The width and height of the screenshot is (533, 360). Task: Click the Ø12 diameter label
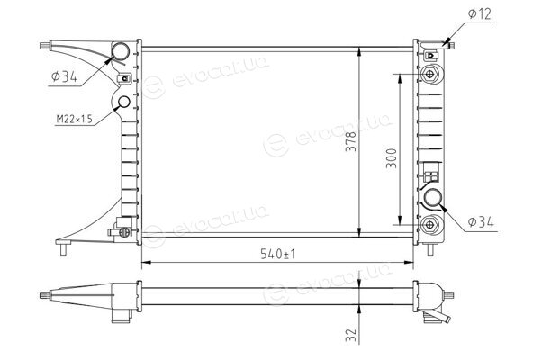click(479, 13)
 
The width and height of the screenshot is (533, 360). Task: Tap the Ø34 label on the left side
click(64, 76)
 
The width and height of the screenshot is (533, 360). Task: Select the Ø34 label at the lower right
click(481, 222)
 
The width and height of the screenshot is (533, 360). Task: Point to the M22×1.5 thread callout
click(74, 119)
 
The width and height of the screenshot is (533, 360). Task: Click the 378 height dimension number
click(350, 141)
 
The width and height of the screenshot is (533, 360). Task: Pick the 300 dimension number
click(392, 158)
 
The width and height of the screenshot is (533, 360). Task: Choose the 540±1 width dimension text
click(277, 254)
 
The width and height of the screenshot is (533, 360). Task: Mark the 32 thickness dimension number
click(351, 335)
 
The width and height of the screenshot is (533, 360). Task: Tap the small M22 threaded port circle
click(123, 103)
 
